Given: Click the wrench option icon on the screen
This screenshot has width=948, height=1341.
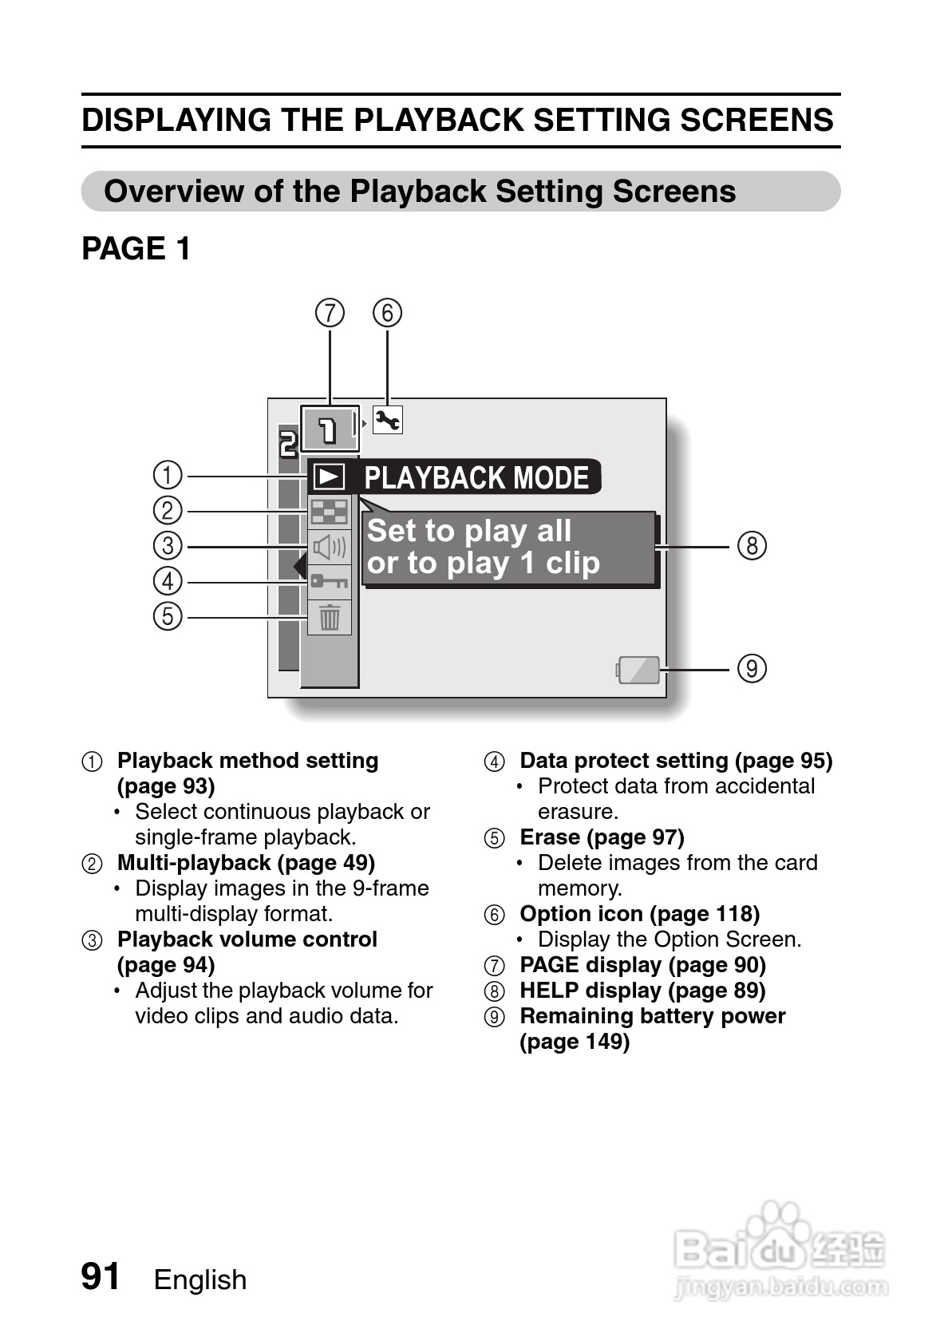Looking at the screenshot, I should click(x=388, y=420).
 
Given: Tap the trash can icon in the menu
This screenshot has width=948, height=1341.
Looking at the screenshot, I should click(x=330, y=617).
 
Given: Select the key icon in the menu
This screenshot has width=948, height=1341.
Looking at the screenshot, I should click(x=329, y=581).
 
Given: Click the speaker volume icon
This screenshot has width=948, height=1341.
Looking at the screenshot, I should click(x=329, y=547).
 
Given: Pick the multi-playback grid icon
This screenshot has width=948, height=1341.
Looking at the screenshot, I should click(x=329, y=512).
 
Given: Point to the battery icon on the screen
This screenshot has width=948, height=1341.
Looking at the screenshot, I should click(x=638, y=670).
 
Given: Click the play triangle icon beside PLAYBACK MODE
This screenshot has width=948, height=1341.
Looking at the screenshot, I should click(x=329, y=477).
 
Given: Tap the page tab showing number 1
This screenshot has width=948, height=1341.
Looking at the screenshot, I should click(x=328, y=429).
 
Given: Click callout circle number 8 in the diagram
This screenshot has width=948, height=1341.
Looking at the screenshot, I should click(x=752, y=546).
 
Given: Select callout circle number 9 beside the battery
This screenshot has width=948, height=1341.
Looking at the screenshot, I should click(x=752, y=667).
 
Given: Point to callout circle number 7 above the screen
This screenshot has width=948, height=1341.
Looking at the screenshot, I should click(x=330, y=313).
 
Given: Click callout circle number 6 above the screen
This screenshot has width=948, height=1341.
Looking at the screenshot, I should click(x=388, y=313).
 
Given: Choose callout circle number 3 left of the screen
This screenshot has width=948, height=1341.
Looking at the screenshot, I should click(x=168, y=546).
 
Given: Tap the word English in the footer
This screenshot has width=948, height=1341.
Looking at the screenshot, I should click(x=200, y=1280).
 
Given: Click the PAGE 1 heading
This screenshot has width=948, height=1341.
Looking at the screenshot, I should click(x=136, y=249).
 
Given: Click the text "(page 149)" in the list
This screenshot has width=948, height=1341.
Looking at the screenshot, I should click(x=575, y=1042).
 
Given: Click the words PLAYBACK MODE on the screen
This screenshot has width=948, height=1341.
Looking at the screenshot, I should click(x=476, y=477).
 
